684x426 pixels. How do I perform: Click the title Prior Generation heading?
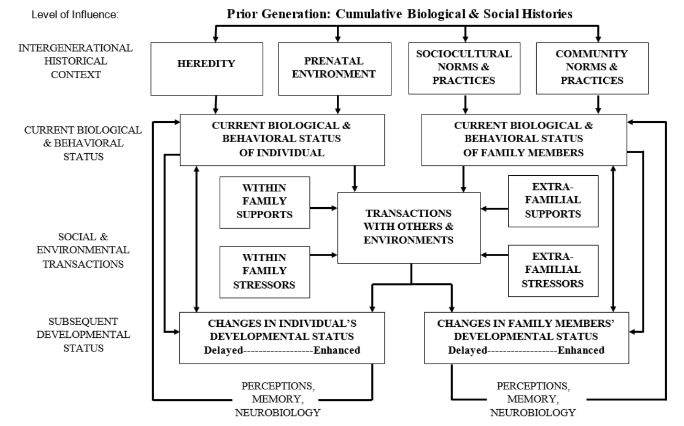pyautogui.click(x=399, y=14)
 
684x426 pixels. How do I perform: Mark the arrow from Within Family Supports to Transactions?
pyautogui.click(x=323, y=208)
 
